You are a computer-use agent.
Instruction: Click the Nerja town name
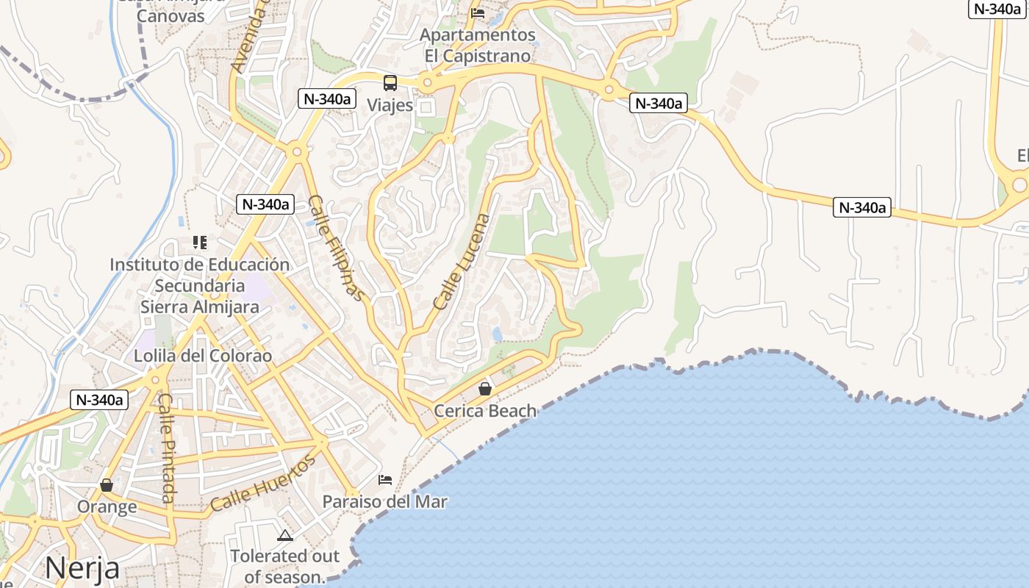tap(82, 568)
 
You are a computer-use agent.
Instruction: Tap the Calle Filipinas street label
tap(335, 248)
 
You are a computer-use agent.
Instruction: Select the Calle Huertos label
tap(262, 484)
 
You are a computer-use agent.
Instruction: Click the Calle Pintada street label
tap(167, 448)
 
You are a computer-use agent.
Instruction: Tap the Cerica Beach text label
tap(485, 411)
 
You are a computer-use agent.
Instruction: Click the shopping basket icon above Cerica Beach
tap(485, 389)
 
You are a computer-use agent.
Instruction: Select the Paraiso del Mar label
tap(385, 502)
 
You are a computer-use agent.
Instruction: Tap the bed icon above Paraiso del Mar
tap(385, 480)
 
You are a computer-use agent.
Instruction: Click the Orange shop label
tap(107, 507)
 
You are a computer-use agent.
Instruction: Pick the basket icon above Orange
tap(107, 485)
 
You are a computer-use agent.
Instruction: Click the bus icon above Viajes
tap(390, 83)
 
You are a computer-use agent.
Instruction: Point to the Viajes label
tap(390, 105)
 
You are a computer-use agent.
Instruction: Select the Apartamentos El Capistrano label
tap(477, 45)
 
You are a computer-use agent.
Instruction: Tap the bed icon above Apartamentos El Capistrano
tap(478, 12)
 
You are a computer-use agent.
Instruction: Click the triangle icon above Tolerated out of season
tap(285, 535)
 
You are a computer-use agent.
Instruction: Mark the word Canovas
tap(171, 16)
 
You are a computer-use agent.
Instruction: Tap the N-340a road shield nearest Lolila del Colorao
tap(99, 400)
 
